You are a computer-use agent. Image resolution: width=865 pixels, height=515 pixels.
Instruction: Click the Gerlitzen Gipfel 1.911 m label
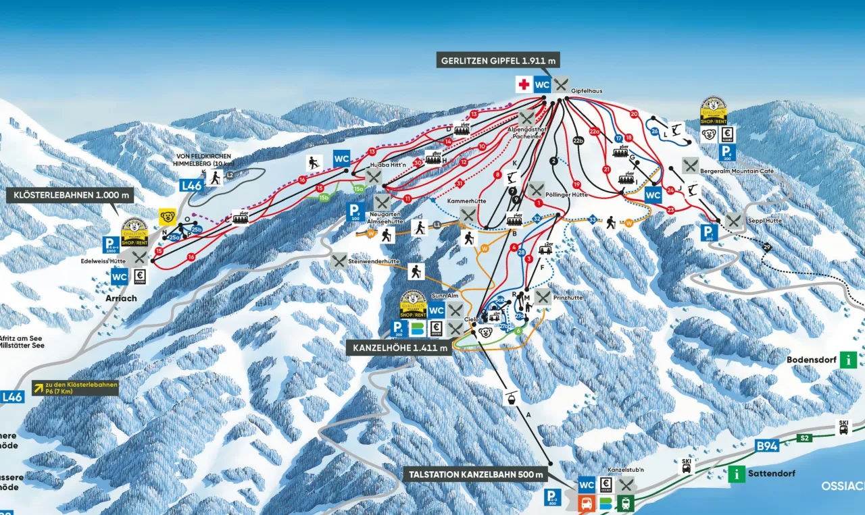[499, 61]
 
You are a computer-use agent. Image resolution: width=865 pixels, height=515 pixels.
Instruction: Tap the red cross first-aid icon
[523, 84]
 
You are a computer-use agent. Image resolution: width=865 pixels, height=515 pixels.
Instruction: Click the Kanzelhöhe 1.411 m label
[399, 348]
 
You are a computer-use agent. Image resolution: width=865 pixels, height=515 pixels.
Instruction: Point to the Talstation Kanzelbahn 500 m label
[476, 475]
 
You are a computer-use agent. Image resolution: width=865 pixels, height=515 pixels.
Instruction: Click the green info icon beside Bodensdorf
[848, 360]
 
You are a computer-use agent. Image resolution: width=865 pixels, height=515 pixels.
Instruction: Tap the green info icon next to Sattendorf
[737, 474]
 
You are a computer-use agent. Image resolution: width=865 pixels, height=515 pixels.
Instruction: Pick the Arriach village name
[122, 298]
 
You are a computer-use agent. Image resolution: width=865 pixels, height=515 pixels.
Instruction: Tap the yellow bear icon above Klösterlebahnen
[167, 217]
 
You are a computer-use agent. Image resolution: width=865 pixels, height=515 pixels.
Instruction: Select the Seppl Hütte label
[764, 221]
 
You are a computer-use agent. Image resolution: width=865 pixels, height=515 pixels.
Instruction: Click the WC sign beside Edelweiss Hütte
[120, 276]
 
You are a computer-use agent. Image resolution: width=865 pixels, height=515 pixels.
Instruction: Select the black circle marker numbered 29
[766, 246]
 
